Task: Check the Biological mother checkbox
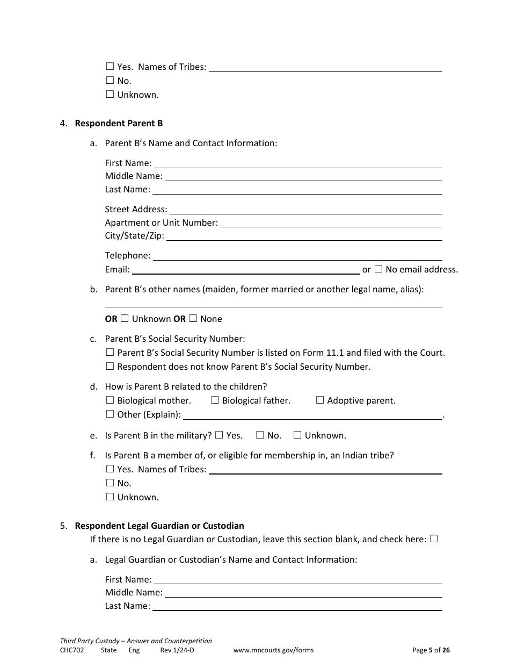click(110, 400)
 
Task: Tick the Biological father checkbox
click(215, 400)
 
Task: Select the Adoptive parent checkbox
click(320, 400)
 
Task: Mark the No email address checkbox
click(378, 269)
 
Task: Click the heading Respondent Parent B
click(119, 123)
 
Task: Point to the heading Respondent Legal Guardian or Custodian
click(159, 526)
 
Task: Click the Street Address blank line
click(305, 209)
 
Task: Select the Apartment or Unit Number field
click(331, 222)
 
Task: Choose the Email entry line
click(246, 269)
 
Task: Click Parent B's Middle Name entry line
click(303, 176)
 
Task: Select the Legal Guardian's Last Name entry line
click(297, 606)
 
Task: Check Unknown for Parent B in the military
click(297, 435)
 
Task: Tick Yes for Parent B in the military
click(219, 435)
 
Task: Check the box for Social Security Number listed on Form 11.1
click(110, 353)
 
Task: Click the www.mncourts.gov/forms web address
click(273, 650)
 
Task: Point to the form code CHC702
click(72, 650)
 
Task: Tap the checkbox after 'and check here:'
click(434, 539)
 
